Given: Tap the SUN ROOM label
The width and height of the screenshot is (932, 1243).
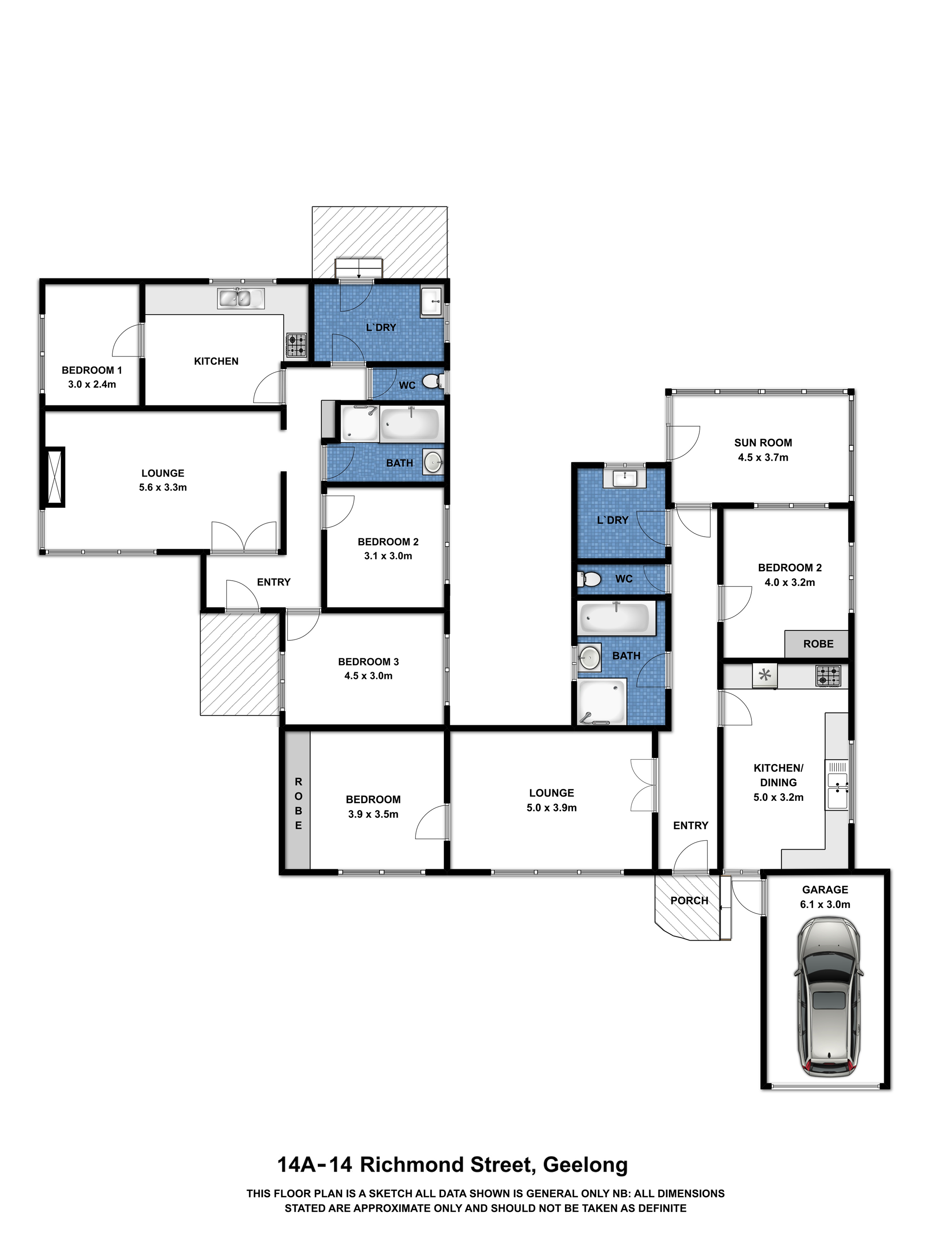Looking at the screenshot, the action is [763, 443].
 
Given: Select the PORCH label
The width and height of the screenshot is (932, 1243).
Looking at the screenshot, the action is [689, 901].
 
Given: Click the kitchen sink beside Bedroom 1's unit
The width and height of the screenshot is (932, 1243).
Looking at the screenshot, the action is [241, 298].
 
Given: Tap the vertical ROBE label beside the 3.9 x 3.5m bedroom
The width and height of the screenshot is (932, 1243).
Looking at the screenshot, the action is [298, 804].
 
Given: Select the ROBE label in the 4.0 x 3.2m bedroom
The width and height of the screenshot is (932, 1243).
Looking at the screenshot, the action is [818, 644].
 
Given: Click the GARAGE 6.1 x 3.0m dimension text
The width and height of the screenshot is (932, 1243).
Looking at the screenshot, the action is [825, 905].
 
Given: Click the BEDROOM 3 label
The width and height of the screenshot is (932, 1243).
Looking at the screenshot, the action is [368, 662].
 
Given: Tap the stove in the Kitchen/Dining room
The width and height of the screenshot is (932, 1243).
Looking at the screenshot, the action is [829, 676].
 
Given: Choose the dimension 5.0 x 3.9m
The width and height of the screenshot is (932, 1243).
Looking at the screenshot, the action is [552, 808].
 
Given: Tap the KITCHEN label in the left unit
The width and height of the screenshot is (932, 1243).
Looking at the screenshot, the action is [216, 361].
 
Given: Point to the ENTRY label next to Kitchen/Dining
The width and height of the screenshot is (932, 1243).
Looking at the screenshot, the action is [691, 825].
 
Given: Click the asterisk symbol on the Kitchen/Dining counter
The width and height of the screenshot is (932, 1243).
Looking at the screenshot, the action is [765, 675].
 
